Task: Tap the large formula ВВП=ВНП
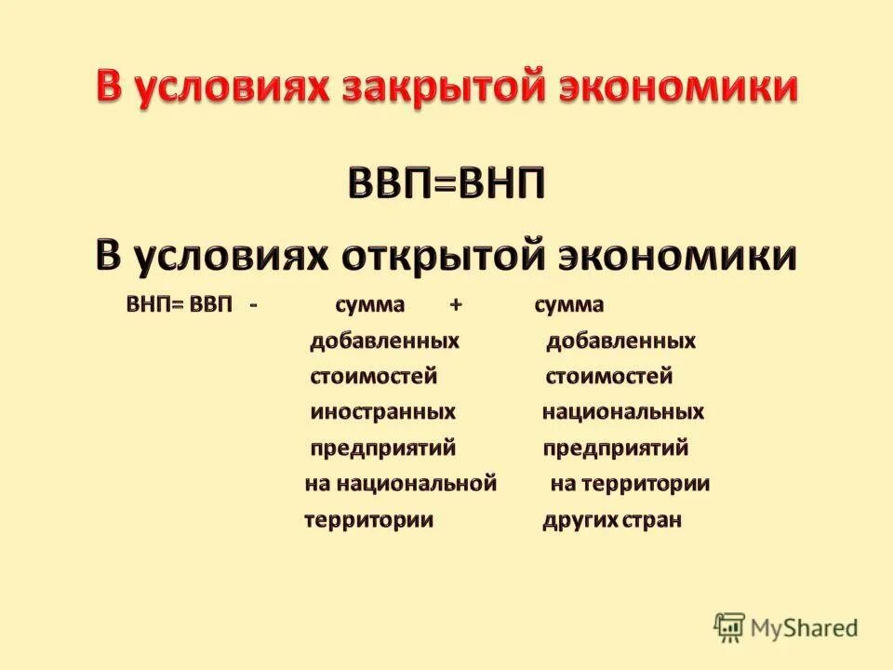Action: tap(446, 181)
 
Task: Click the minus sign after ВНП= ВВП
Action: tap(252, 306)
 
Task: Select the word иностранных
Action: tap(382, 412)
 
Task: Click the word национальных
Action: tap(622, 412)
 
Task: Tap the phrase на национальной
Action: tap(401, 484)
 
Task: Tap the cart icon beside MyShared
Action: tap(729, 627)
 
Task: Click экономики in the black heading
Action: tap(677, 255)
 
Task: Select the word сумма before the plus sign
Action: tap(369, 306)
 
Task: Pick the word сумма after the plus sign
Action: tap(569, 306)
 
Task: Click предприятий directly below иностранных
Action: tap(382, 449)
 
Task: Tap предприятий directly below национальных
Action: tap(615, 449)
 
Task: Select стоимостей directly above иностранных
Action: tap(373, 378)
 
